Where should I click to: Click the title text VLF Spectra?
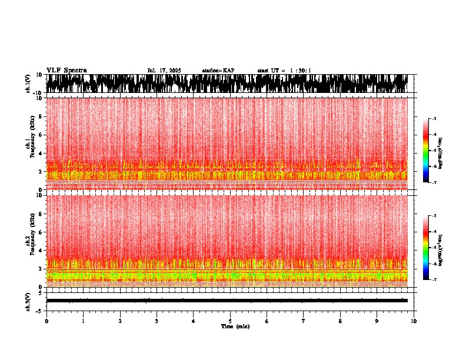[x=66, y=71]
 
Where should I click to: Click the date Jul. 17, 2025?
[x=164, y=71]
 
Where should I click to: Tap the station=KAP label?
[x=218, y=71]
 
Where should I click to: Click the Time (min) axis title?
[x=235, y=326]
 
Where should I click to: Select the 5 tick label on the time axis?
[x=230, y=321]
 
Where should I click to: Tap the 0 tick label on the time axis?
[x=46, y=321]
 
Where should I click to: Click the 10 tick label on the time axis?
[x=414, y=321]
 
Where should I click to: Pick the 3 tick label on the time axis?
[x=157, y=321]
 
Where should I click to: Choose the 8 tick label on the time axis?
[x=340, y=321]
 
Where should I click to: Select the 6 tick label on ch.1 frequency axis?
[x=41, y=135]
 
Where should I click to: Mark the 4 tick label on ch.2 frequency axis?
[x=41, y=251]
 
